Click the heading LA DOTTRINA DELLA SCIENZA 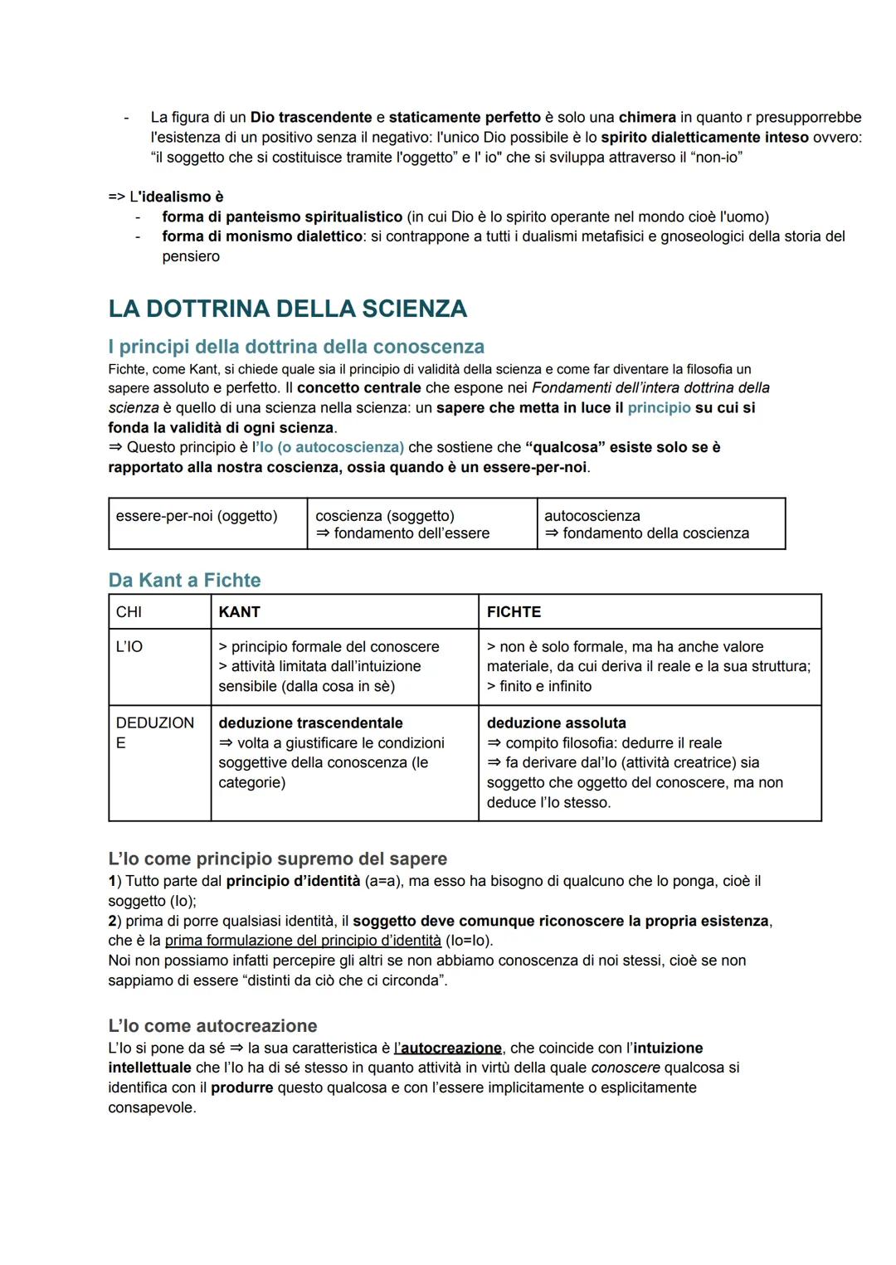287,309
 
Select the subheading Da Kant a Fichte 184,580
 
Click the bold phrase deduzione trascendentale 310,723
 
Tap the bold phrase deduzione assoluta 556,723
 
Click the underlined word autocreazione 450,1048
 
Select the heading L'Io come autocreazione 212,1026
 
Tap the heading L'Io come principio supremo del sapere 277,859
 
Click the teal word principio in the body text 659,408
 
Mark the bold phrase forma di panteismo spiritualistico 282,217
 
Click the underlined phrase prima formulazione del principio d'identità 303,941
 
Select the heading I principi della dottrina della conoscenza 296,347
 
